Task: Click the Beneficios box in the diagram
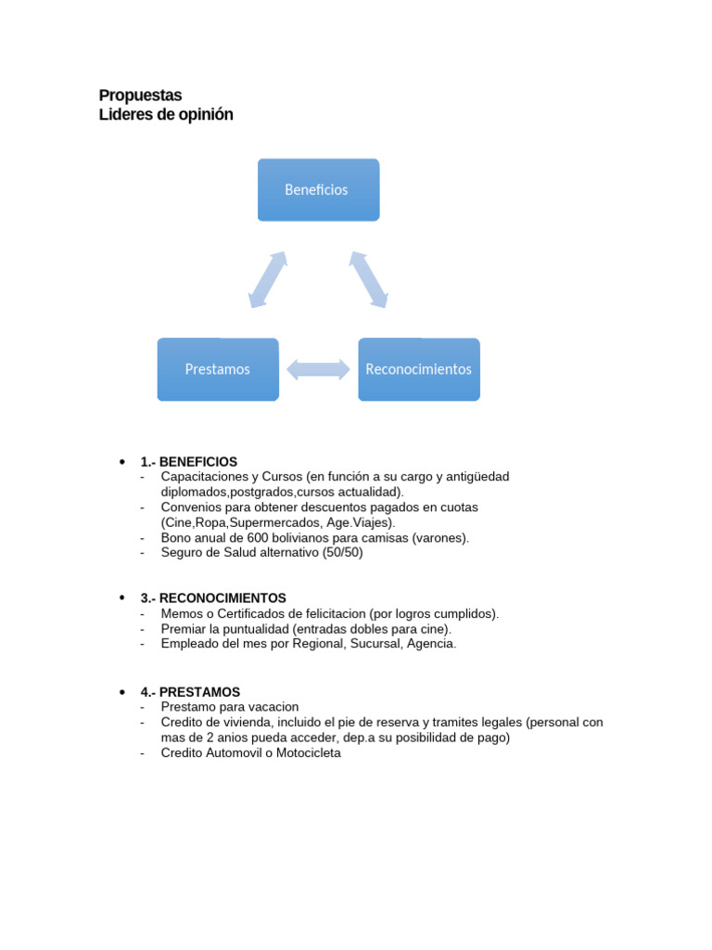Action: click(318, 189)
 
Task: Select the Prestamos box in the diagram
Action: click(218, 369)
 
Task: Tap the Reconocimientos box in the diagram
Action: click(419, 369)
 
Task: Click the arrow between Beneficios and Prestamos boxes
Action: click(268, 278)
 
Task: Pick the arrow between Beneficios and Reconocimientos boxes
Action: click(368, 278)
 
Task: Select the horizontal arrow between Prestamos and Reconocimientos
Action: click(318, 369)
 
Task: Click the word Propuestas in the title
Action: click(140, 96)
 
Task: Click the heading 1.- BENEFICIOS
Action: click(189, 461)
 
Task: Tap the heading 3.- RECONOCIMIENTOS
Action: click(213, 598)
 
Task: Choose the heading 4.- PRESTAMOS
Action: click(190, 692)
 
